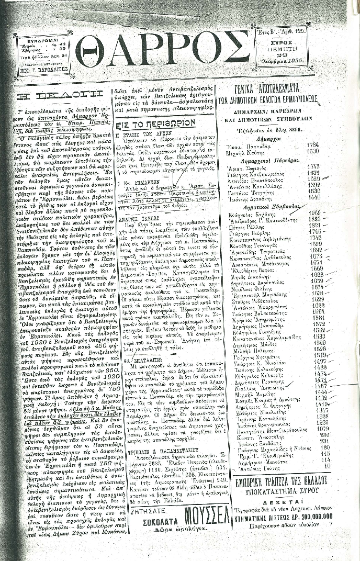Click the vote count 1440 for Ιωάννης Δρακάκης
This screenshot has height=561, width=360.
(x=314, y=198)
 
